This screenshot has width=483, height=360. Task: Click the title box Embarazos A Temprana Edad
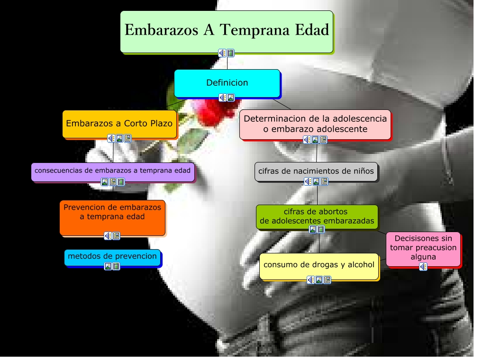pyautogui.click(x=227, y=31)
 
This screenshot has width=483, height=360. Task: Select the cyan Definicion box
pyautogui.click(x=227, y=83)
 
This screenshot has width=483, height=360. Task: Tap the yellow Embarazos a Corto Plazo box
pyautogui.click(x=119, y=124)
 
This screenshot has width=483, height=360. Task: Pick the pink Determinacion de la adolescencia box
pyautogui.click(x=315, y=123)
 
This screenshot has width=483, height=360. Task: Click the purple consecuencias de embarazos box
pyautogui.click(x=113, y=170)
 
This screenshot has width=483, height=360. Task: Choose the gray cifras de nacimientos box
pyautogui.click(x=316, y=171)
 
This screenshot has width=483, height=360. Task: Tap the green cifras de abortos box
pyautogui.click(x=317, y=216)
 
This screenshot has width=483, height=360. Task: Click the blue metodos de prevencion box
pyautogui.click(x=112, y=256)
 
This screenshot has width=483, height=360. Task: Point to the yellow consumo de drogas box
pyautogui.click(x=319, y=265)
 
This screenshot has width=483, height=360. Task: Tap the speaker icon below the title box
pyautogui.click(x=222, y=53)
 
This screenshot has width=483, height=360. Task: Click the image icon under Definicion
pyautogui.click(x=231, y=98)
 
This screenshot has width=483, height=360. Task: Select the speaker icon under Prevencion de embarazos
pyautogui.click(x=109, y=236)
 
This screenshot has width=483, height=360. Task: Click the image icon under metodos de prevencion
pyautogui.click(x=108, y=266)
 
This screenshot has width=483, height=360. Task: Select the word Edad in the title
pyautogui.click(x=311, y=30)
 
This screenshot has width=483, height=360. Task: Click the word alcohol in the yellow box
pyautogui.click(x=361, y=265)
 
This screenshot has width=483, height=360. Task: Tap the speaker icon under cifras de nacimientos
pyautogui.click(x=308, y=181)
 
